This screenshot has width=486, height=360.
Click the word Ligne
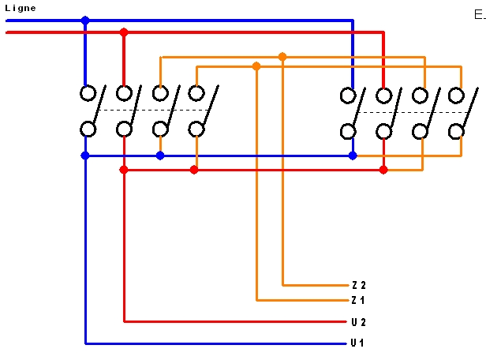tap(20, 8)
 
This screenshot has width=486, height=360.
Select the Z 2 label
tap(358, 285)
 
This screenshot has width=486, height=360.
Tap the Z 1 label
tap(358, 301)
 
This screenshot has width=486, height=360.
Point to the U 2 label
tap(358, 322)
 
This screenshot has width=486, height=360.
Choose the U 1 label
tap(358, 343)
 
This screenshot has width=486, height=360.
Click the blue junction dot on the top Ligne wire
tap(85, 21)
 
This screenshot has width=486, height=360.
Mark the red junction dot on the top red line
tap(124, 32)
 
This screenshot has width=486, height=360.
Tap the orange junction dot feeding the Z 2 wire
tap(282, 57)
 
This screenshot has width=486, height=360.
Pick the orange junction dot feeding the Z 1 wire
tap(256, 66)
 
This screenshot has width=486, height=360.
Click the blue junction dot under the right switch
tap(353, 156)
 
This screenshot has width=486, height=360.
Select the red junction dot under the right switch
tap(383, 170)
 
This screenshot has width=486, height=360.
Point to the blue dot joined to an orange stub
tap(160, 156)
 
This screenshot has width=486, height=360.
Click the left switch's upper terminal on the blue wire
tap(88, 93)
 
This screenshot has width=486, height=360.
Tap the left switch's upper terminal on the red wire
tap(124, 93)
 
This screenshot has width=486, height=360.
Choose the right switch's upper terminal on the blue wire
tap(348, 96)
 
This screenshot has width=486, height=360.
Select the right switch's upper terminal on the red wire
tap(384, 96)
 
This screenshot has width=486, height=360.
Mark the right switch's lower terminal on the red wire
tap(384, 132)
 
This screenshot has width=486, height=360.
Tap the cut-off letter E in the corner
tap(479, 14)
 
